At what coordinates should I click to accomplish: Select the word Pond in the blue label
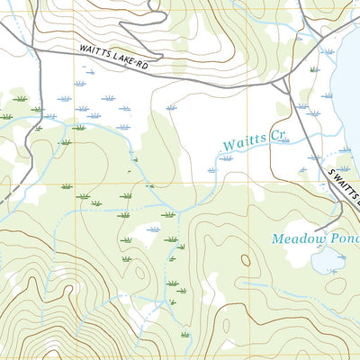point(346,239)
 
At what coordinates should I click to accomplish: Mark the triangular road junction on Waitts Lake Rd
point(283,85)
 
